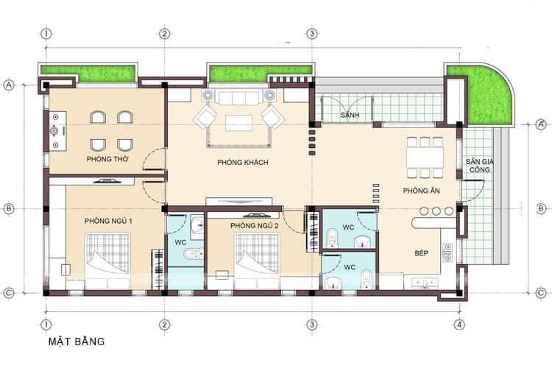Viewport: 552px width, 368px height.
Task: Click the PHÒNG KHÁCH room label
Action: pyautogui.click(x=242, y=162)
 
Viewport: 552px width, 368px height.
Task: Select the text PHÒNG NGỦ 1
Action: pyautogui.click(x=109, y=221)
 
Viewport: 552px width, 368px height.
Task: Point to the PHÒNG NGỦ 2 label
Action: pyautogui.click(x=254, y=225)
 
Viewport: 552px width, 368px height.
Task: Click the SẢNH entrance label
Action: pyautogui.click(x=350, y=117)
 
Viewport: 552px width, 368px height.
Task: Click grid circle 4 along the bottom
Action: pyautogui.click(x=459, y=324)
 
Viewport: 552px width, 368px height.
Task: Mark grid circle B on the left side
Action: pyautogui.click(x=9, y=208)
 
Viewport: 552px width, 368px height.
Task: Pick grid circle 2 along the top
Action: pyautogui.click(x=164, y=33)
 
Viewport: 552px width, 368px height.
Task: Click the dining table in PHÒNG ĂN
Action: pyautogui.click(x=425, y=158)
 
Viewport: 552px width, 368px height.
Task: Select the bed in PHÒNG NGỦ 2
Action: pyautogui.click(x=257, y=260)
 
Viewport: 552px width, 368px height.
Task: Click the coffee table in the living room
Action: pyautogui.click(x=238, y=122)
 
